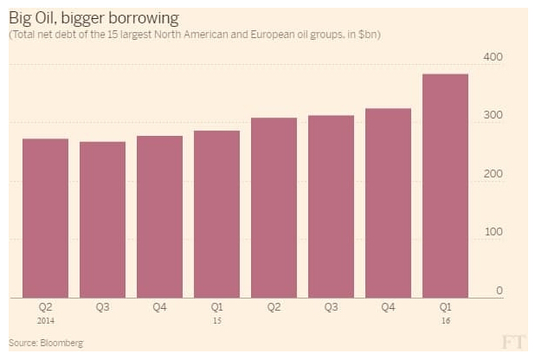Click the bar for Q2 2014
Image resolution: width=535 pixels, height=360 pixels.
pos(45,218)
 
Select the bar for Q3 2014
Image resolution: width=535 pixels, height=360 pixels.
pos(102,220)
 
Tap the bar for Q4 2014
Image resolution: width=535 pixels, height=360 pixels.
pos(159,216)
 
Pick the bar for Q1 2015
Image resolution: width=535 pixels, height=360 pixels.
pos(216,214)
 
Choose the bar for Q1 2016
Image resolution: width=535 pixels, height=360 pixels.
pos(445,186)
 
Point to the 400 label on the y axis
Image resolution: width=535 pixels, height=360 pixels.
pos(493,57)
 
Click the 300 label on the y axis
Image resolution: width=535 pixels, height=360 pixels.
pos(493,116)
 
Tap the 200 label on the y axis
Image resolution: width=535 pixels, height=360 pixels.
pos(493,174)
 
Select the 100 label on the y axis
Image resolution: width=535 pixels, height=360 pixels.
pos(493,232)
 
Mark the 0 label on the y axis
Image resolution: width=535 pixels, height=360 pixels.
pos(499,291)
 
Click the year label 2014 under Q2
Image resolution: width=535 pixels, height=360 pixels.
pos(45,321)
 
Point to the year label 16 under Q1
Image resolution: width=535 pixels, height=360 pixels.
pos(445,321)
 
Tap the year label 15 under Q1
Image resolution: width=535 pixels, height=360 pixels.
pos(216,321)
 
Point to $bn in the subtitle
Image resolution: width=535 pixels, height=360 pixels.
pos(370,35)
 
